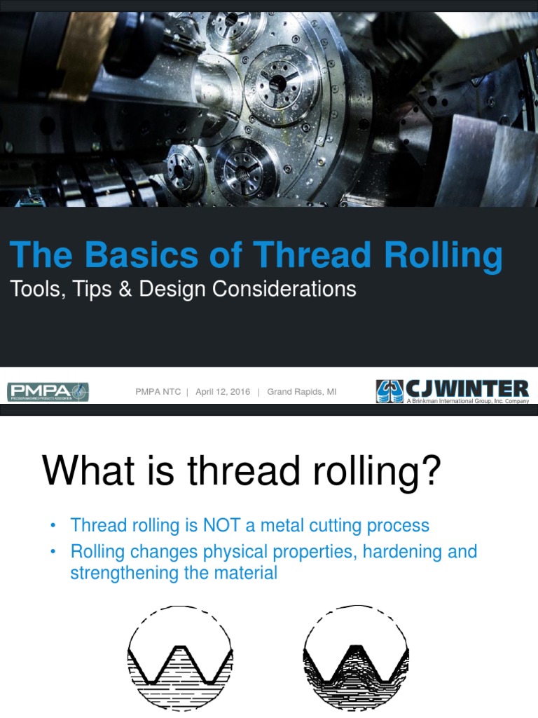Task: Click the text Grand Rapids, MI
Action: point(301,392)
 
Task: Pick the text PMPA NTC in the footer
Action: point(158,392)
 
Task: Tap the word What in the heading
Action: point(83,471)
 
